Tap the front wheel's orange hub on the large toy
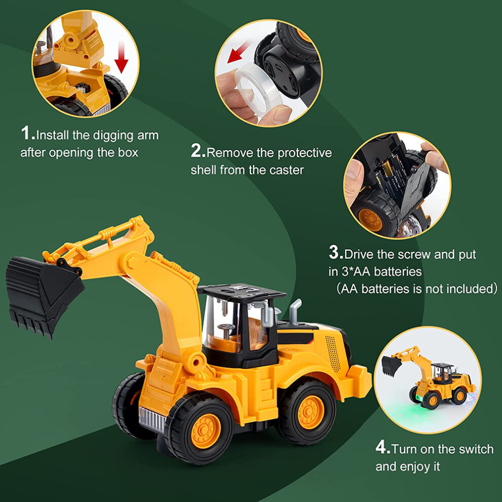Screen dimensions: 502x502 (x=205, y=431)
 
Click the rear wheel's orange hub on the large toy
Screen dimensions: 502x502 (x=310, y=412)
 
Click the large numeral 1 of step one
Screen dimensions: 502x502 (x=26, y=133)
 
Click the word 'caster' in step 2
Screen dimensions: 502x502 (x=286, y=170)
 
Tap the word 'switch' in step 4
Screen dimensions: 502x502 (x=476, y=449)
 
